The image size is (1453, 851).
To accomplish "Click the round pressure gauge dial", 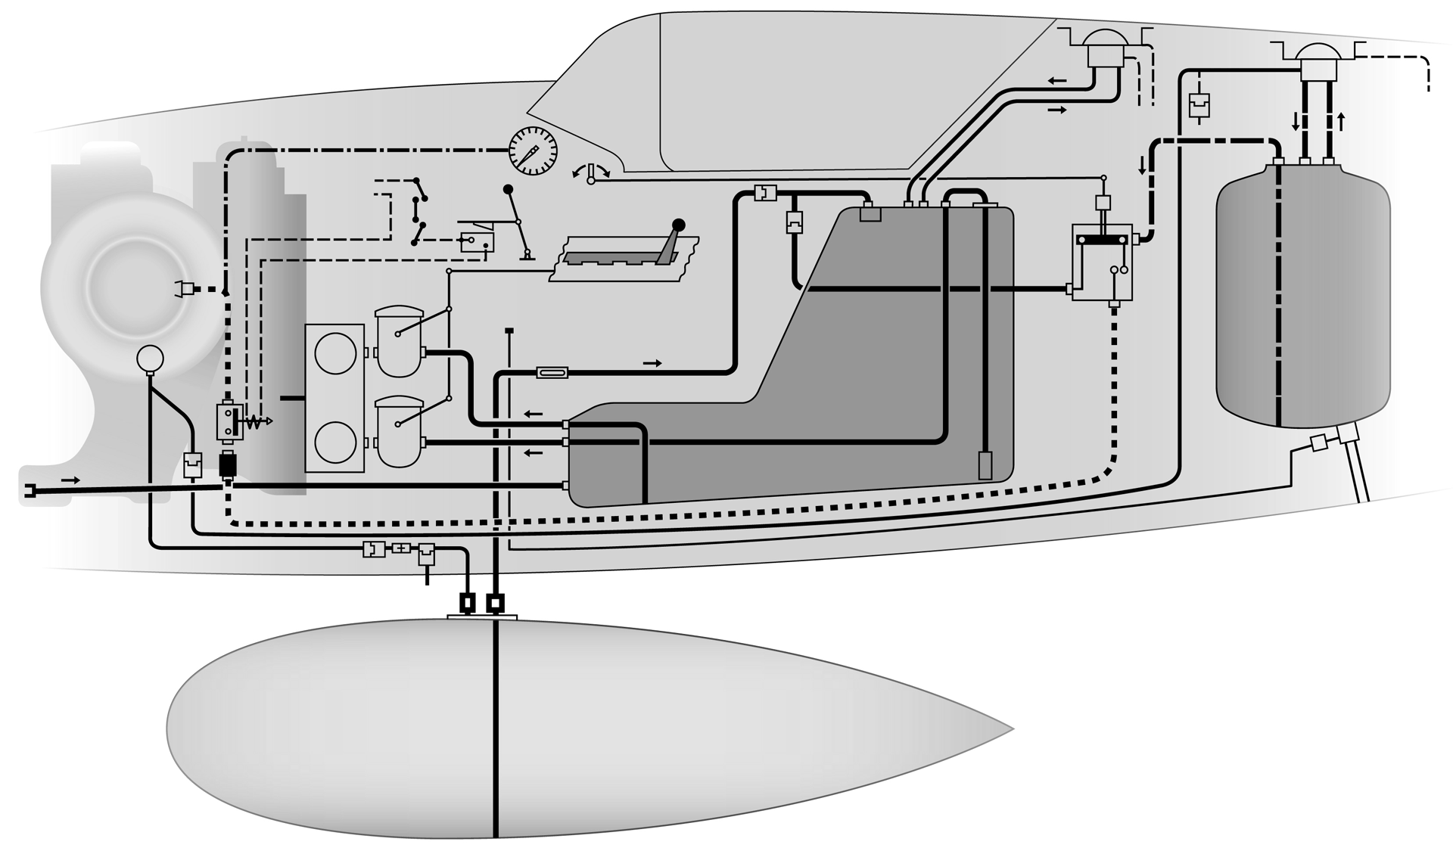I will pyautogui.click(x=533, y=151).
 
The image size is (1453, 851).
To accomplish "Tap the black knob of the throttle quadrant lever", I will pyautogui.click(x=679, y=225).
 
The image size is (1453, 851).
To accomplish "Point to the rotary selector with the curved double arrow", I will pyautogui.click(x=592, y=172).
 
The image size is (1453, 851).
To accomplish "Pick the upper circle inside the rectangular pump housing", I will pyautogui.click(x=335, y=353).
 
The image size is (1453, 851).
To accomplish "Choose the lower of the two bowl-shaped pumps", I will pyautogui.click(x=399, y=431).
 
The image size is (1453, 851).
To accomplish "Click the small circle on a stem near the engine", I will pyautogui.click(x=150, y=358).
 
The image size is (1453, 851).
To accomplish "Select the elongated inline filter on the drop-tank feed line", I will pyautogui.click(x=552, y=372).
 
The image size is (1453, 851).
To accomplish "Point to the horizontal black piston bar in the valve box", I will pyautogui.click(x=1103, y=240).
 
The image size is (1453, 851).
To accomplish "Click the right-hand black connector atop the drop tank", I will pyautogui.click(x=495, y=603).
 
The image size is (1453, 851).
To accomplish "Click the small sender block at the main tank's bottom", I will pyautogui.click(x=985, y=465).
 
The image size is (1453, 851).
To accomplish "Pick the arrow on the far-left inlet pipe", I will pyautogui.click(x=70, y=480).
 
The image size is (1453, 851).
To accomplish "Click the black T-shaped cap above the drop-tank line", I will pyautogui.click(x=509, y=331).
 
